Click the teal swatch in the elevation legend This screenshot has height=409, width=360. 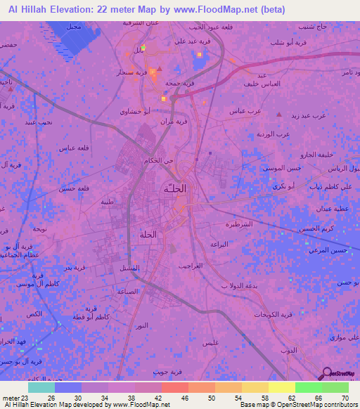point(41,387)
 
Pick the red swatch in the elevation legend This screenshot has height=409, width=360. point(175,387)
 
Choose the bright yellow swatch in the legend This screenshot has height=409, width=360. point(281,387)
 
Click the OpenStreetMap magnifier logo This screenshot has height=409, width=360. point(326,373)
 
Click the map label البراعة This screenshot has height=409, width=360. point(219,244)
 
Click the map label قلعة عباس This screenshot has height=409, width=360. point(72,148)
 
